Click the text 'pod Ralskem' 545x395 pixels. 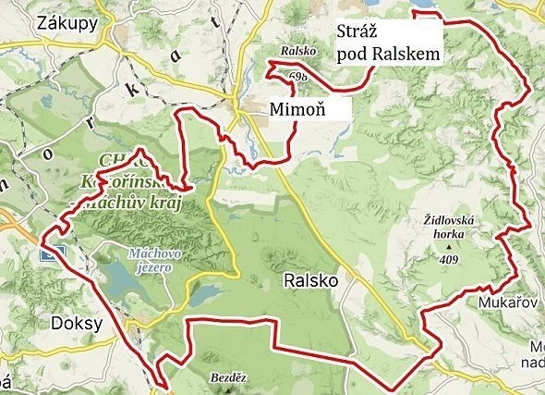point(387,54)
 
